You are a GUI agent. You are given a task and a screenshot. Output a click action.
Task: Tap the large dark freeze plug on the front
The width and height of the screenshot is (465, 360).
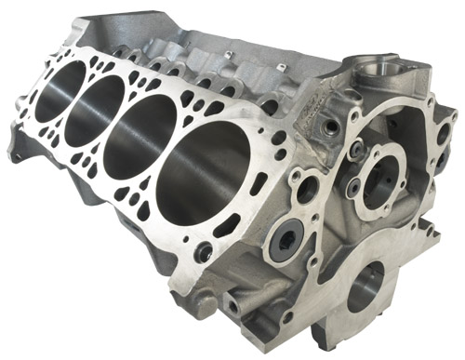[x=284, y=244]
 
